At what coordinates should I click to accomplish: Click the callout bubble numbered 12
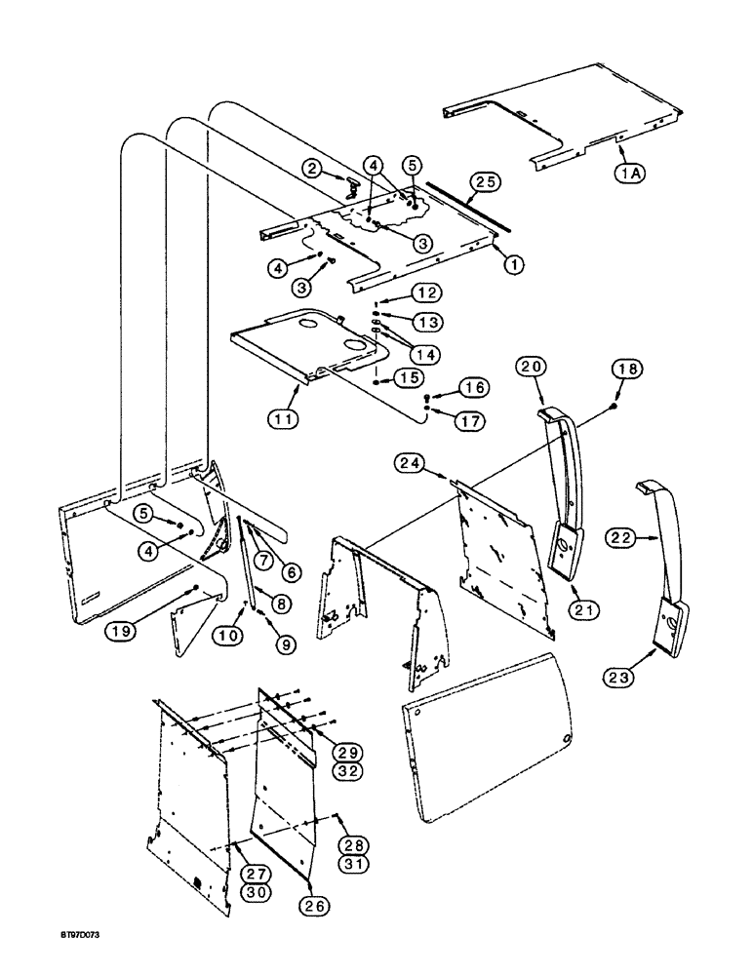[x=426, y=292]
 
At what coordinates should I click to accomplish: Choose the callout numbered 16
[x=473, y=387]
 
